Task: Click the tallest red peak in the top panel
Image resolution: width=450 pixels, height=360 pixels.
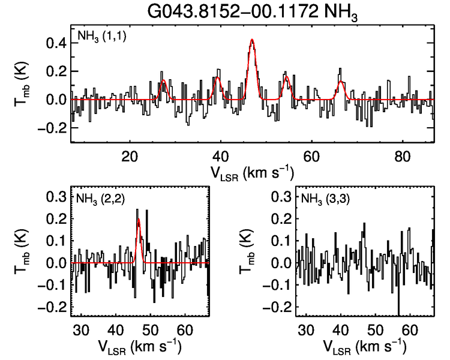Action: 252,40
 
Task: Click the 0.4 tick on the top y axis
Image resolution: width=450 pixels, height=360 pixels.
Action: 56,43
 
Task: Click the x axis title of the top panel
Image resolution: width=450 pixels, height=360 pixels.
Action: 252,172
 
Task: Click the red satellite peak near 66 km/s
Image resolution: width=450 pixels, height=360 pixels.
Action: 340,82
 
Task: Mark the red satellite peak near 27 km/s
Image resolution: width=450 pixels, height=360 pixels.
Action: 163,80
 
